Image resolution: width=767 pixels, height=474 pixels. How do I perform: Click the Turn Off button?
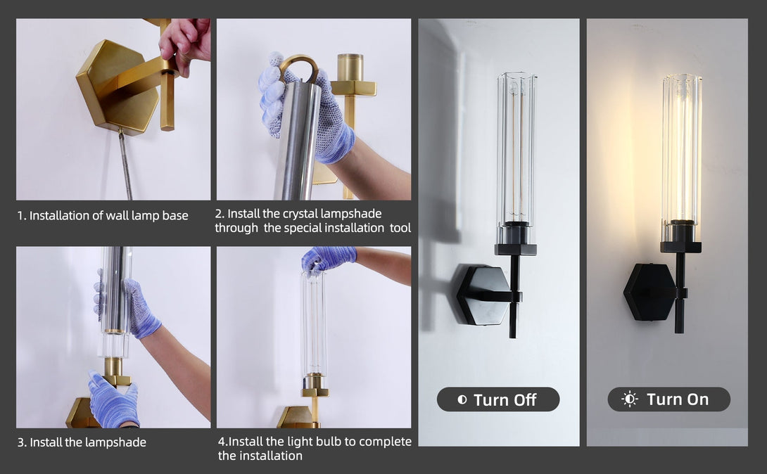coord(498,399)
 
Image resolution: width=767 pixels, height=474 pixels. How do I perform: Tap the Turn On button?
coord(668,399)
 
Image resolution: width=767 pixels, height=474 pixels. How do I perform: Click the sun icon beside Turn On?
coord(630,399)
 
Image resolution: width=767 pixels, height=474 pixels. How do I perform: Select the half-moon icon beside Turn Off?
coord(462,399)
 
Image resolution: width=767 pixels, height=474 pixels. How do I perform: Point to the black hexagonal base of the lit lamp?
coord(649,292)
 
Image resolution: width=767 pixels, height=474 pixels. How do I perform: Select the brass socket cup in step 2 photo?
coord(350,68)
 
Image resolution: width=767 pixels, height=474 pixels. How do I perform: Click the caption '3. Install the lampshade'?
coord(82,442)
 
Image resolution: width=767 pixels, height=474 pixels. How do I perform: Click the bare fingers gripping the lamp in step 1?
coord(184,45)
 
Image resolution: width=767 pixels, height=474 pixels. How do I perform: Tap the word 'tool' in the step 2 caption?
coord(400,228)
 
